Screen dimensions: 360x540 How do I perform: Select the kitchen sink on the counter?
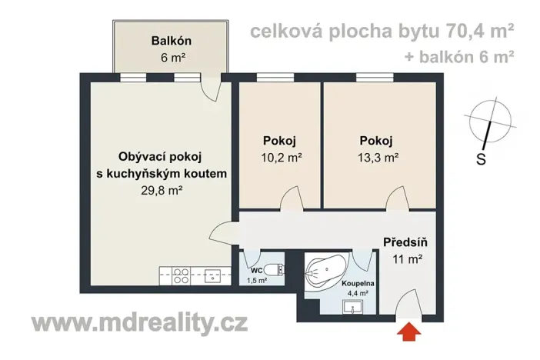212,275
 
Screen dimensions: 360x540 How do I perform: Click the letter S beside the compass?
481,159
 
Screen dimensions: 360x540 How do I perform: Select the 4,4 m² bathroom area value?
355,292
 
